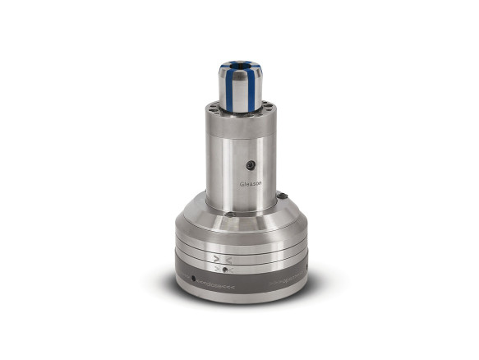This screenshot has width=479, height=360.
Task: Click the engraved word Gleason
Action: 250,184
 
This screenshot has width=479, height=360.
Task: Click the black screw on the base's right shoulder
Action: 282,196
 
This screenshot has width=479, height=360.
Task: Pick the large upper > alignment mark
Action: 217,258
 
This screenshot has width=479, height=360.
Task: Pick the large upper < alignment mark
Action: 230,259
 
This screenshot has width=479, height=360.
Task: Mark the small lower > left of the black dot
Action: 216,269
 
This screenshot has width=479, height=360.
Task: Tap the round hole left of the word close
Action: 193,279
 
